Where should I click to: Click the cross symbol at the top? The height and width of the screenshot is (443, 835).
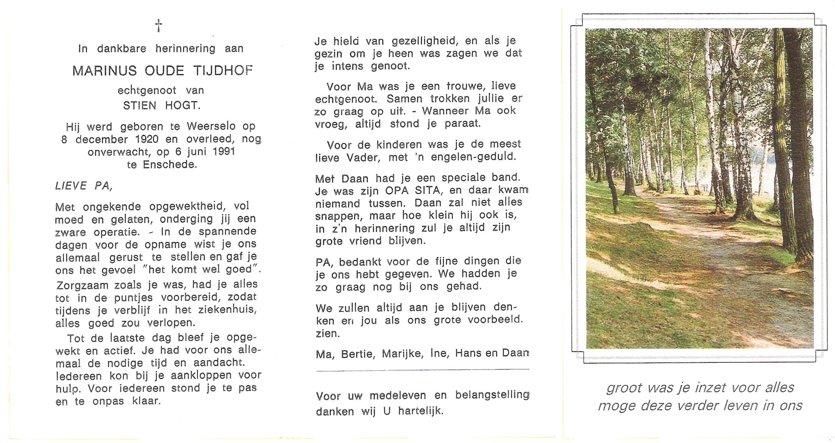159,25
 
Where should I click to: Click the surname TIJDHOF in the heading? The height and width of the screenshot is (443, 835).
223,71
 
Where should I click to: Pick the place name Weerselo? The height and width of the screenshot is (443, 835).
211,127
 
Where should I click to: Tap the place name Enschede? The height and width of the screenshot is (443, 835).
170,165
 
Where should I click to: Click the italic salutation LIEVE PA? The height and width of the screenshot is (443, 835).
84,186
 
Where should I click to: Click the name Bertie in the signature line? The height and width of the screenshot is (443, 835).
357,354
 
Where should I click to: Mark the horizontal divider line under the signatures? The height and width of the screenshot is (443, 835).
423,370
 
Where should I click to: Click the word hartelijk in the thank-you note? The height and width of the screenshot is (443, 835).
420,411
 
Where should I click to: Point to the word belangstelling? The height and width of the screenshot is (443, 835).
492,395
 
